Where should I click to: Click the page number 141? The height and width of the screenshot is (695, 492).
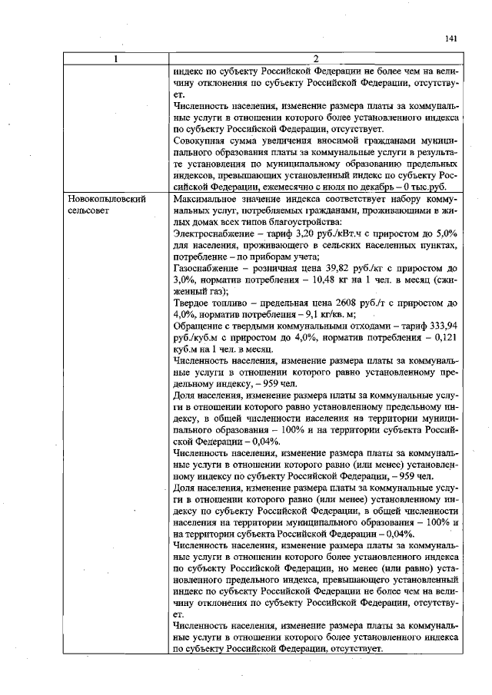point(451,38)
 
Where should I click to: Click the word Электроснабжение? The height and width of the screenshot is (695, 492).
point(212,233)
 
